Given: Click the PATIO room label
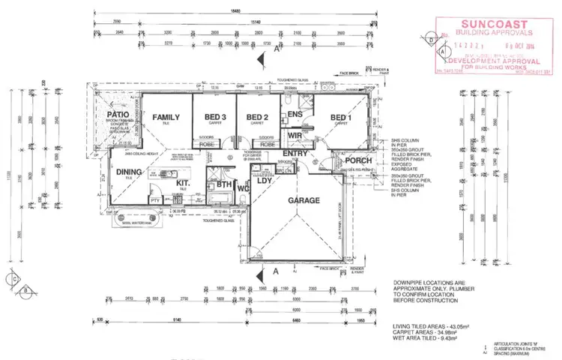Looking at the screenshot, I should (118, 115).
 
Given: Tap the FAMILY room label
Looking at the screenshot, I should (166, 118).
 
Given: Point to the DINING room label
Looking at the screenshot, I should (129, 172).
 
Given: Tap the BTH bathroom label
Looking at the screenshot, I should (224, 184).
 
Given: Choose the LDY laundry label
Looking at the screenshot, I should (263, 181).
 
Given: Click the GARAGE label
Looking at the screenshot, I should (304, 200).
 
